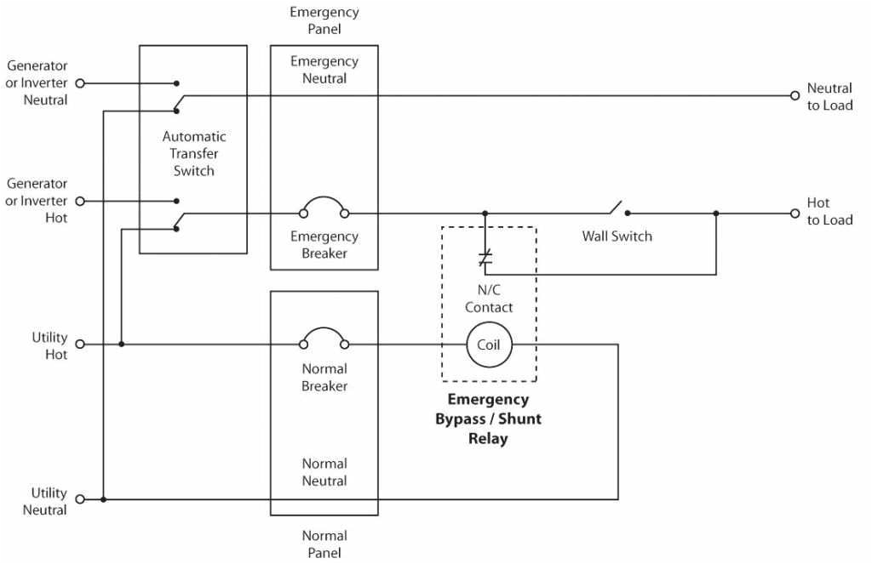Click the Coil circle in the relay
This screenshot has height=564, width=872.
489,345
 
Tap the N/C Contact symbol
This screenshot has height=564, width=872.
485,259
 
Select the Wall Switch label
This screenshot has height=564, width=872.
617,236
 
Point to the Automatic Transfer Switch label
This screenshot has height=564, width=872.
194,153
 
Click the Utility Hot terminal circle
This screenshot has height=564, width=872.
80,345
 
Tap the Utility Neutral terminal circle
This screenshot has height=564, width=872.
80,499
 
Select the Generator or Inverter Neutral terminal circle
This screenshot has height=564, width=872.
80,83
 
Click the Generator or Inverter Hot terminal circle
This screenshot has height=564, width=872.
80,202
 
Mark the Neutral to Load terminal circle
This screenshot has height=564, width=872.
795,95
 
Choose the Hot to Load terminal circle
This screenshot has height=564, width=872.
795,214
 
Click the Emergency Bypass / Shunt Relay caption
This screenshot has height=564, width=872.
489,419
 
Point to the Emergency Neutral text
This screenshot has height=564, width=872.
324,70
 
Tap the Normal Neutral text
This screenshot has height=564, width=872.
324,472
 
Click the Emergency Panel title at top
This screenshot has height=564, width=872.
324,21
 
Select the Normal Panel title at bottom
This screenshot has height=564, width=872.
324,544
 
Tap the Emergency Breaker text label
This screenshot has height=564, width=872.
324,245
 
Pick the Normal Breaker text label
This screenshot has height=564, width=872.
324,378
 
